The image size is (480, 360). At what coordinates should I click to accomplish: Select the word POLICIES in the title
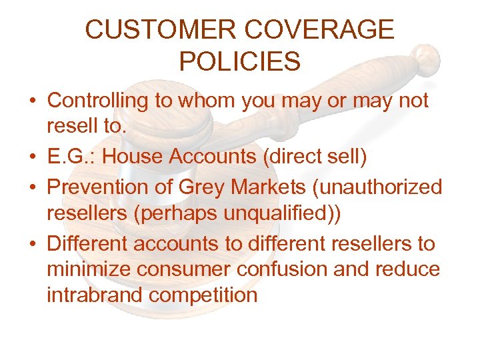(x=240, y=61)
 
